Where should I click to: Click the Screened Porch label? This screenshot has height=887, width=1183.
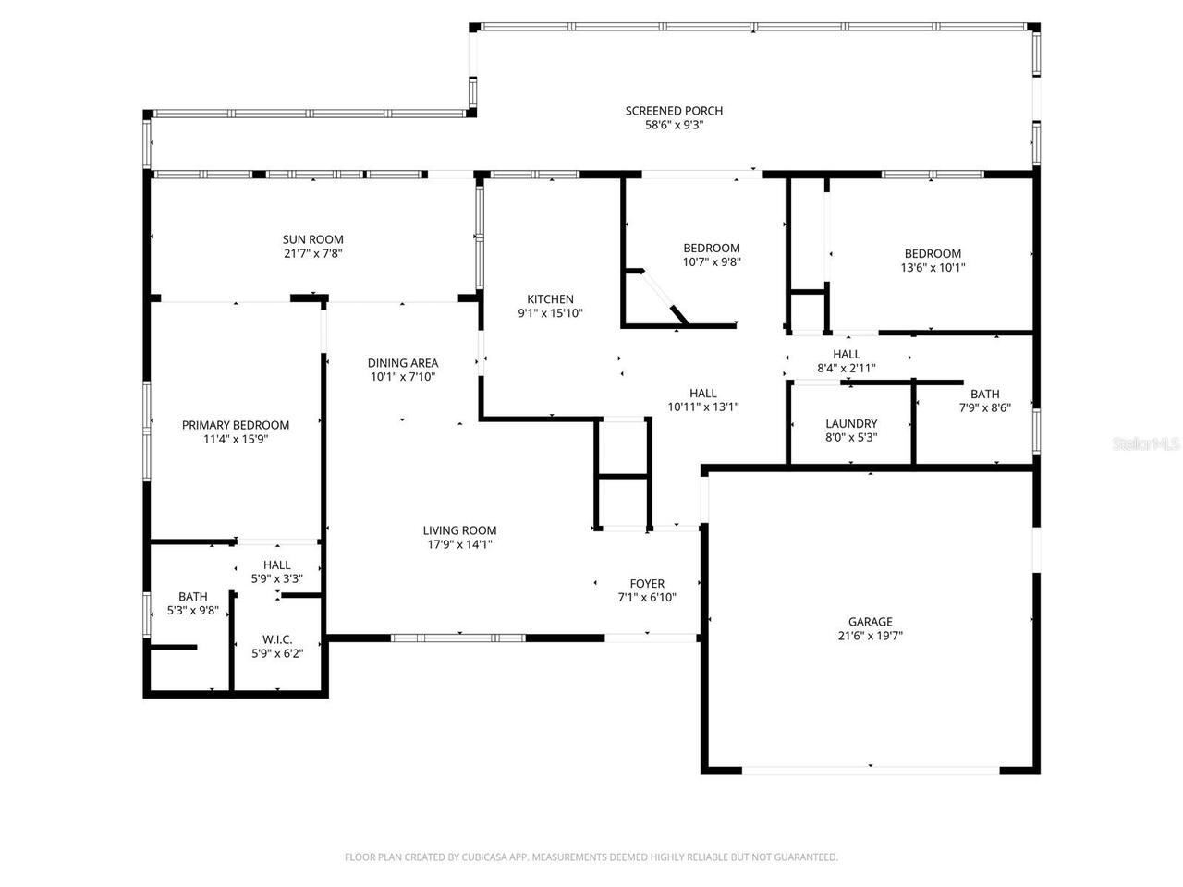[x=674, y=111]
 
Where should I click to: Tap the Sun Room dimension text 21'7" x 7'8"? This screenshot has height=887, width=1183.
[x=313, y=253]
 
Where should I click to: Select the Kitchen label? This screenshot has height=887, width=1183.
[x=550, y=299]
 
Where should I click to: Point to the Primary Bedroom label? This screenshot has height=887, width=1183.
[x=236, y=425]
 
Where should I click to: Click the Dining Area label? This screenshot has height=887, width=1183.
[x=403, y=363]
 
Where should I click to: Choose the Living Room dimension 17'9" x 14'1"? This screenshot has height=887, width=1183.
[x=459, y=544]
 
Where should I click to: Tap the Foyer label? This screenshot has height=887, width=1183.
[x=647, y=584]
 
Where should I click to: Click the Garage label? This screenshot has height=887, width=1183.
[x=871, y=622]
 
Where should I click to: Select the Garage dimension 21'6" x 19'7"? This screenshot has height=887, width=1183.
[x=871, y=636]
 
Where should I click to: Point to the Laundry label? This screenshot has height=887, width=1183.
[x=851, y=424]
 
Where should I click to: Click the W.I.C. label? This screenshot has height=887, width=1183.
[x=277, y=639]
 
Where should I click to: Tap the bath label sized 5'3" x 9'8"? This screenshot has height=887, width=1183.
[x=193, y=597]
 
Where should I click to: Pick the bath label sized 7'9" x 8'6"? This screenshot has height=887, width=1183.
[x=984, y=395]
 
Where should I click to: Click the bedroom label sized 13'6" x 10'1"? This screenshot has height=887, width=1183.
[x=933, y=254]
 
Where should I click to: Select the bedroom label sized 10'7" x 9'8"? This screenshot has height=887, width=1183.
[x=712, y=248]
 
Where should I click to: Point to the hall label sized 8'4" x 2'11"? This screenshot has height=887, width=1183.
[x=847, y=354]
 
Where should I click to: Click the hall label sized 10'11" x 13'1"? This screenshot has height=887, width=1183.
[x=703, y=393]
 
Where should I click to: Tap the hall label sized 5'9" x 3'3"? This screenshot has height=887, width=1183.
[x=277, y=565]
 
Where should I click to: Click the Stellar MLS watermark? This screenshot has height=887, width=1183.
[x=1146, y=444]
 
